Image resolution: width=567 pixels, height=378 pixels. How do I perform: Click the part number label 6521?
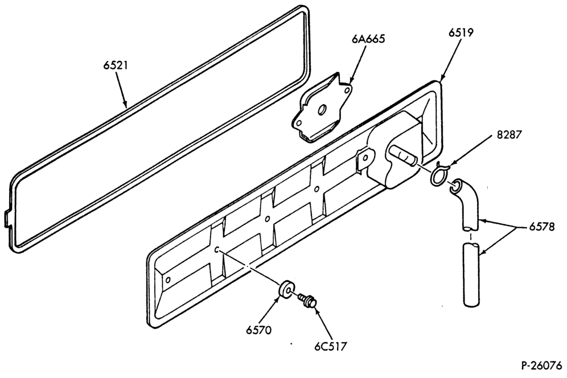tap(116, 65)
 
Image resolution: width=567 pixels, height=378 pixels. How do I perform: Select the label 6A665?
tap(368, 39)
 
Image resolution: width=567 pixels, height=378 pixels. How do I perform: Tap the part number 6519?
tap(461, 32)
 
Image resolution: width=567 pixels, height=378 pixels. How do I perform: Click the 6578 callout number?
tap(541, 227)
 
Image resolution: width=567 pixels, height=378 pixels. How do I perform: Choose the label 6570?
tap(258, 330)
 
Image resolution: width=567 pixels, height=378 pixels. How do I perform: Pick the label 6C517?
tap(330, 346)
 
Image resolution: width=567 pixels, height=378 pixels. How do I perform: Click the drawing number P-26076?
tap(541, 365)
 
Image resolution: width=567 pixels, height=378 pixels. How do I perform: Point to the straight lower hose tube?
tap(471, 275)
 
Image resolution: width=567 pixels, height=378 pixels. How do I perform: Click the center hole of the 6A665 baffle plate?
tap(322, 109)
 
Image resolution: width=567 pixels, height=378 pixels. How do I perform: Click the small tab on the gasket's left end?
tap(7, 219)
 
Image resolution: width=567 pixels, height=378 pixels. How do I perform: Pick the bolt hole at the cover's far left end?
tap(168, 280)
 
